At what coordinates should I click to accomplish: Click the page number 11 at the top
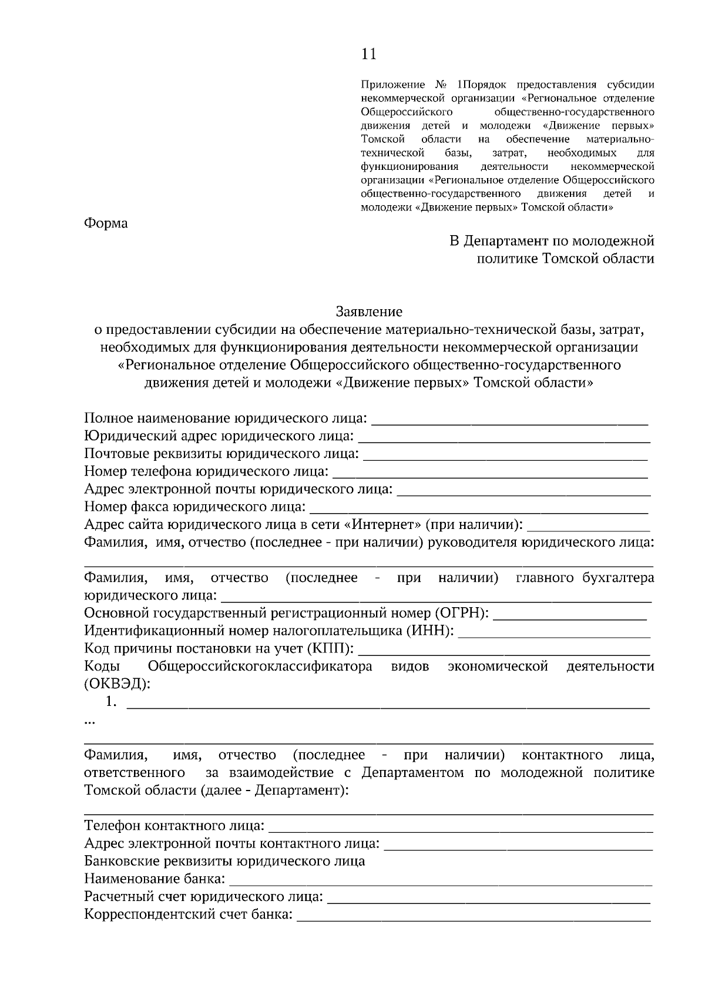368,55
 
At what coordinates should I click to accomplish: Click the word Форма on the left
106,223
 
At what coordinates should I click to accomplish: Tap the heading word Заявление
369,311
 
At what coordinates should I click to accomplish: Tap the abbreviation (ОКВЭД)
117,684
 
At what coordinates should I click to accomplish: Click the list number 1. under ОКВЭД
111,702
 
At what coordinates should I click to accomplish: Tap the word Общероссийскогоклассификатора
260,667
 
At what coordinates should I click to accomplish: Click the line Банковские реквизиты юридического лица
224,861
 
